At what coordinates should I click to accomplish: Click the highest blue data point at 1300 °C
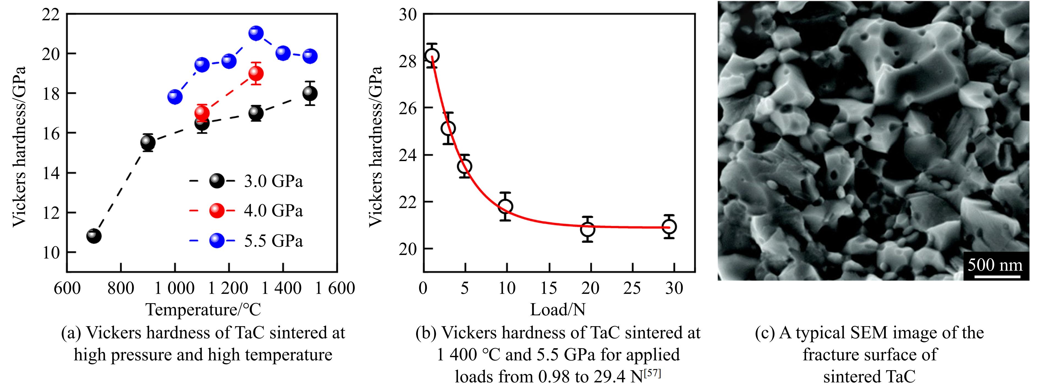pyautogui.click(x=256, y=33)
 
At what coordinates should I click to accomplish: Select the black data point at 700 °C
pyautogui.click(x=94, y=236)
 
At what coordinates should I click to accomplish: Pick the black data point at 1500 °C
pyautogui.click(x=310, y=93)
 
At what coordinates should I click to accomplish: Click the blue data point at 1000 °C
pyautogui.click(x=175, y=97)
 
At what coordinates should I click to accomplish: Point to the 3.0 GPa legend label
pyautogui.click(x=273, y=181)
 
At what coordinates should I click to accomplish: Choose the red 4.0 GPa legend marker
pyautogui.click(x=217, y=211)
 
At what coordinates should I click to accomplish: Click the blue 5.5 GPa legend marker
pyautogui.click(x=217, y=241)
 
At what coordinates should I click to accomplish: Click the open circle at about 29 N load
pyautogui.click(x=669, y=227)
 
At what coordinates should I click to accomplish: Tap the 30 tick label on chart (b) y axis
pyautogui.click(x=408, y=15)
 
